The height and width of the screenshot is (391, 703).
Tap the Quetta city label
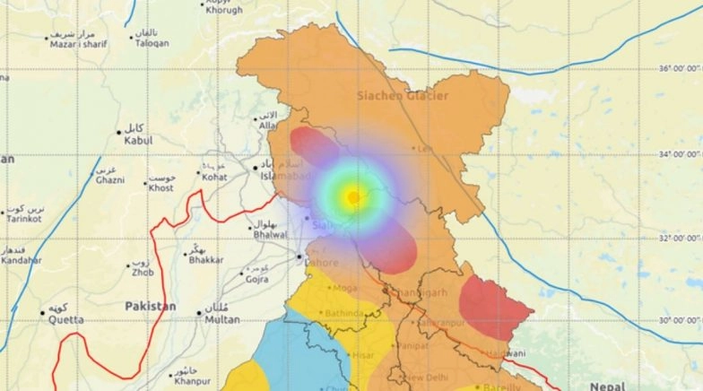(66, 319)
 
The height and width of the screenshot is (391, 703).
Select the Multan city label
(222, 319)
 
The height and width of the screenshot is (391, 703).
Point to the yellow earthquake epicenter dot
(354, 196)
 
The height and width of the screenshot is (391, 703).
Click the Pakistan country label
(150, 306)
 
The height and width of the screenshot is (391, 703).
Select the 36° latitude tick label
(681, 69)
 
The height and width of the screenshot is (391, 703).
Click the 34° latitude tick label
(681, 154)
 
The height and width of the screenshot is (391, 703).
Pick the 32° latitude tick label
(681, 238)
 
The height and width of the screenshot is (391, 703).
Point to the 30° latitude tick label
(681, 321)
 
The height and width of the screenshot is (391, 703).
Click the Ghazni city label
(109, 179)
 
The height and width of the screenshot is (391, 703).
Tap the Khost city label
(161, 187)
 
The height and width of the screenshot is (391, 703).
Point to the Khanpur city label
(193, 381)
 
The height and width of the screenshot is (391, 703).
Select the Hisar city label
(364, 355)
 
